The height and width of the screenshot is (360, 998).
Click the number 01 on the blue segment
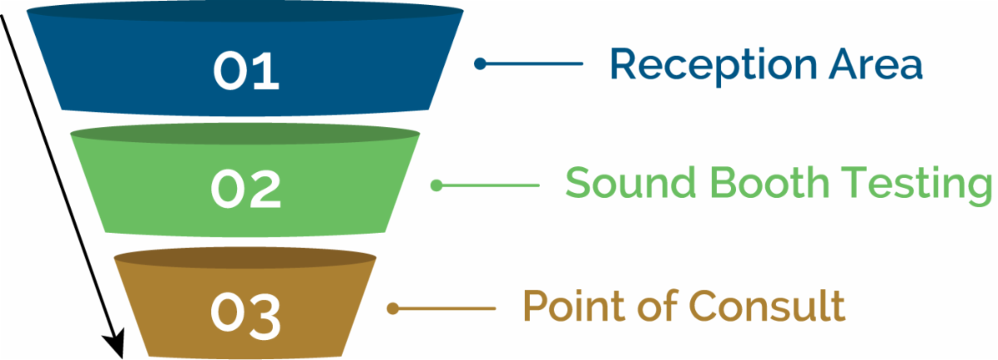click(x=246, y=72)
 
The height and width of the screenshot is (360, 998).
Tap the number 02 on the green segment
click(x=245, y=190)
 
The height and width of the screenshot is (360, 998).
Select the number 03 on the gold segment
click(x=245, y=312)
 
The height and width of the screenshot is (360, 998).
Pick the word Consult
click(x=767, y=306)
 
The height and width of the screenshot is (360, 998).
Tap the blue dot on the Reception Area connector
click(x=480, y=63)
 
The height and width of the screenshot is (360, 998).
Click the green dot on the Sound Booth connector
click(x=436, y=185)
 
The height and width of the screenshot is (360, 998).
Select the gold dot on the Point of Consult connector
click(x=393, y=308)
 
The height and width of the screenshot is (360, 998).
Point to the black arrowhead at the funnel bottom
click(x=114, y=343)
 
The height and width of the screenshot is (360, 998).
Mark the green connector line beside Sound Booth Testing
click(x=492, y=185)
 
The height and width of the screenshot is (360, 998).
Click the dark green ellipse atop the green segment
click(x=244, y=136)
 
